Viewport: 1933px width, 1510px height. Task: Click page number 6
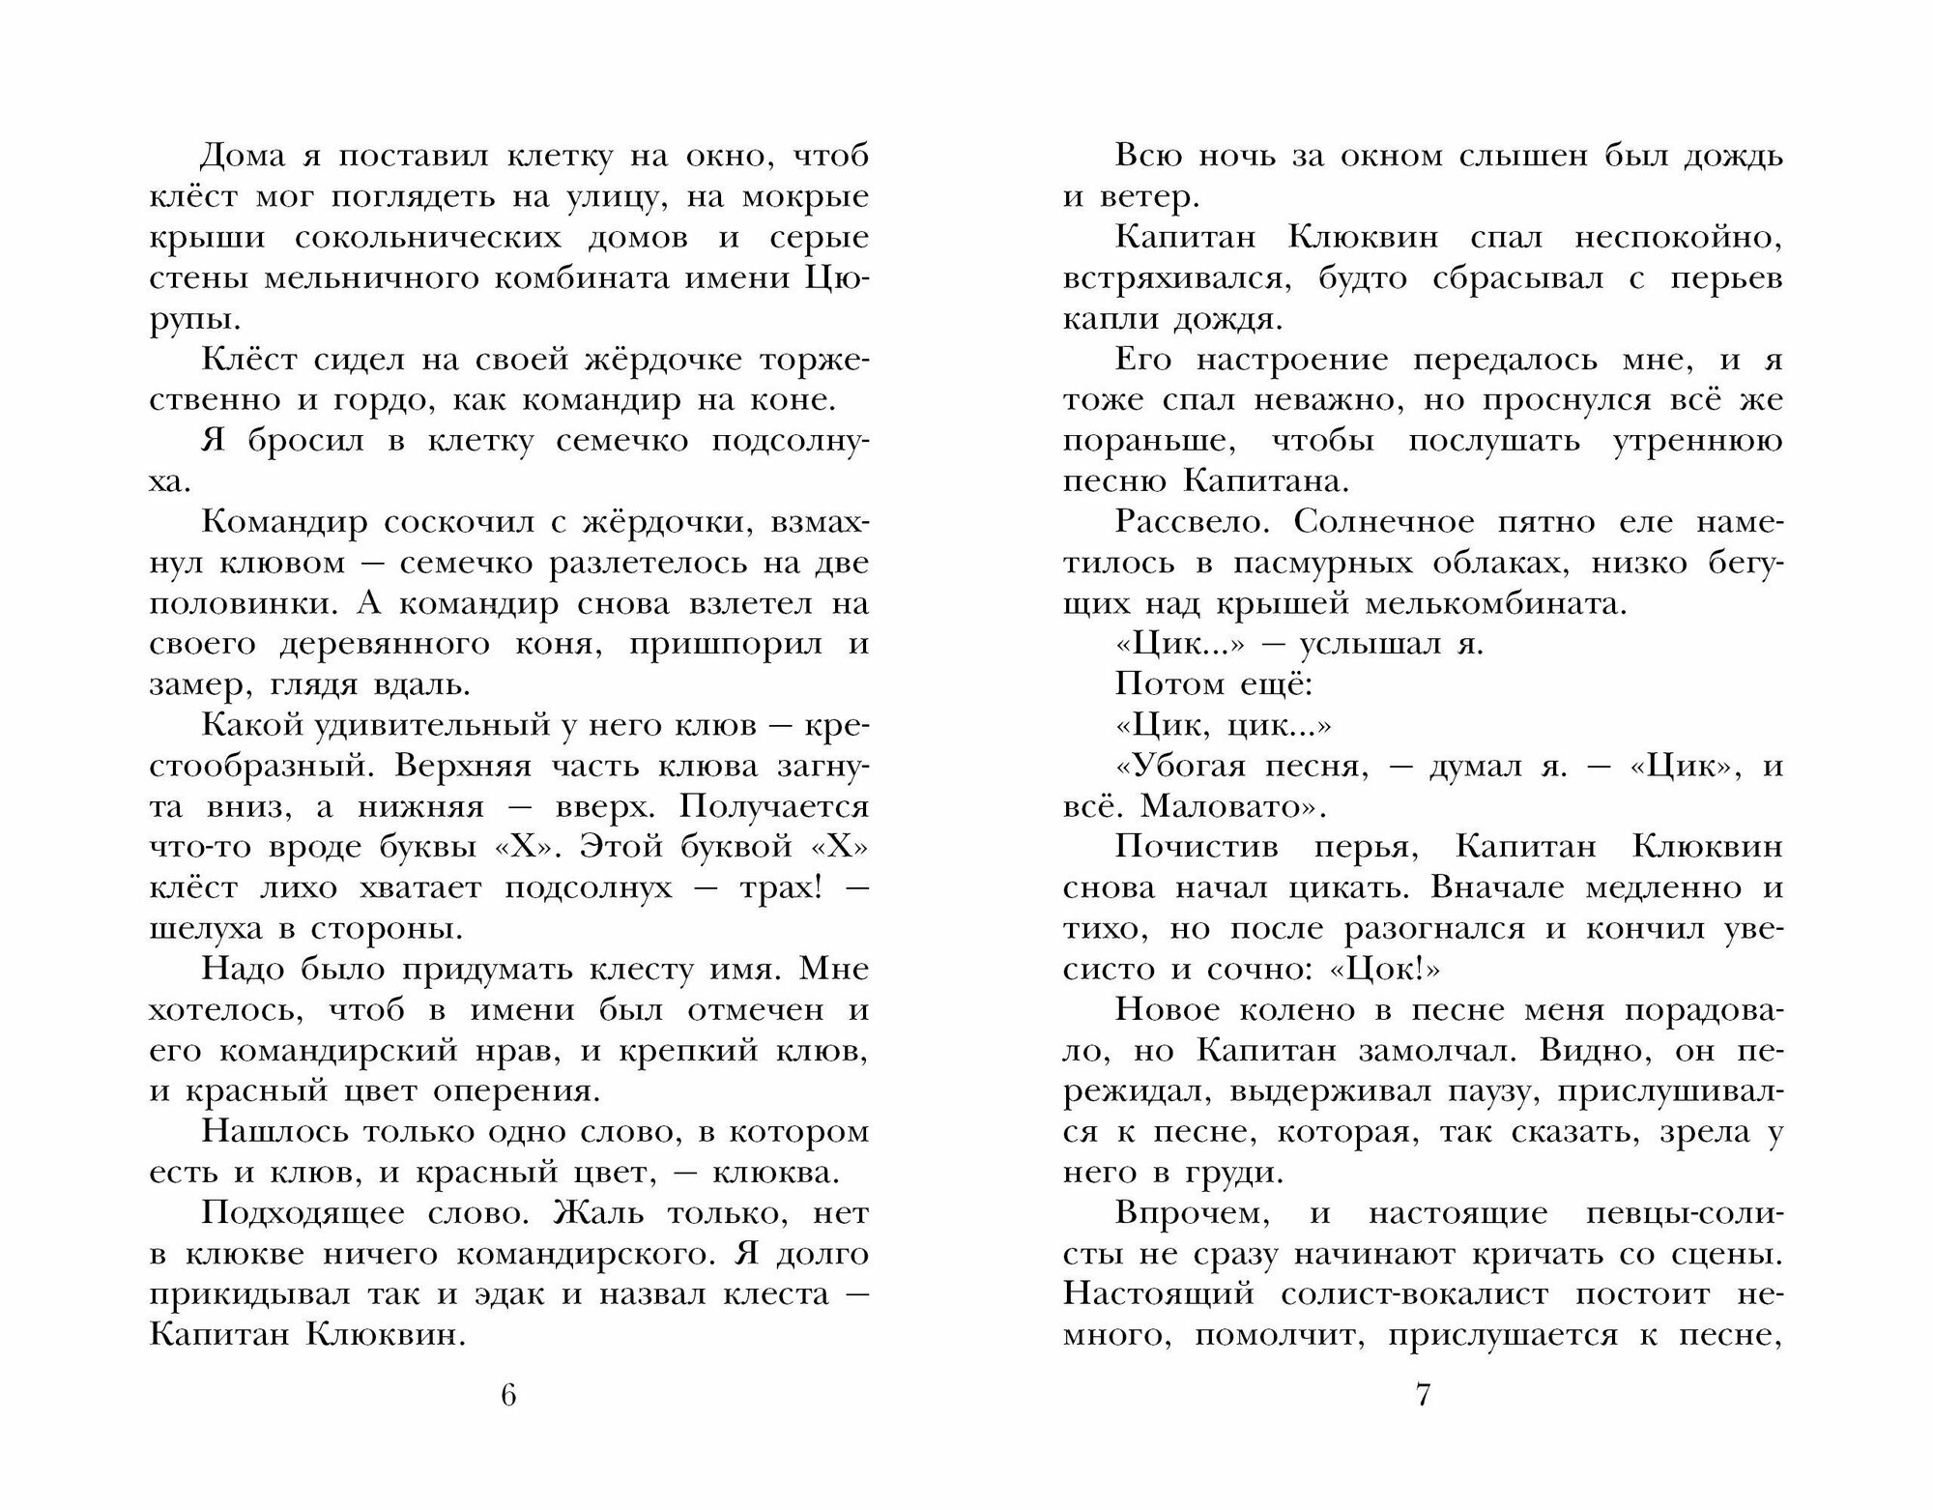509,1396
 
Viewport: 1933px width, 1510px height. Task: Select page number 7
1422,1396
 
